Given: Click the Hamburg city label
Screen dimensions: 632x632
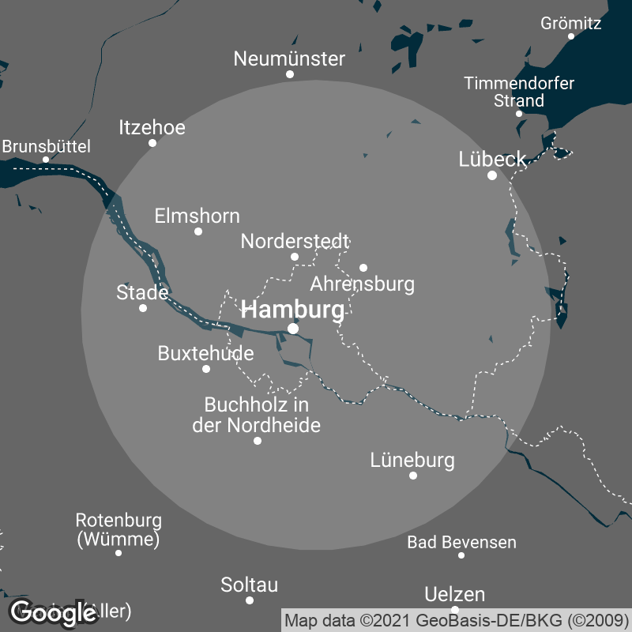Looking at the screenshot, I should coord(292,310).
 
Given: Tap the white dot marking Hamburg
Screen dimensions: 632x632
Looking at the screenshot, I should coord(293,329).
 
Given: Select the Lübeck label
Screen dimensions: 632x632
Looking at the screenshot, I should coord(492,160).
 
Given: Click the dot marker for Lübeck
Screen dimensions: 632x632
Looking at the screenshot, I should coord(492,175).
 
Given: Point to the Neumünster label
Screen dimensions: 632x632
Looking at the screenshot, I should coord(290,58).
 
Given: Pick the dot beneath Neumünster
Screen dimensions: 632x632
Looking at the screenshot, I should coord(290,74).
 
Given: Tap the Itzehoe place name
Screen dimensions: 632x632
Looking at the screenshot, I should coord(152,127).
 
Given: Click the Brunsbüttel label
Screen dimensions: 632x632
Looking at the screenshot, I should coord(47,146).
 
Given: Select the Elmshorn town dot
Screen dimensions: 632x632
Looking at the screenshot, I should coord(198,231).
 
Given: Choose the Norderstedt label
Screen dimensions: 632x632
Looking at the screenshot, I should coord(295,240).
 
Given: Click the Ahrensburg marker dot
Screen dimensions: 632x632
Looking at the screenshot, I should coord(363,267).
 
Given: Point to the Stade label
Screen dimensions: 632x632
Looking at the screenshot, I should coord(142,292).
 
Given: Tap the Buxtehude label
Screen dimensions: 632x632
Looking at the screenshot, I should coord(206,353).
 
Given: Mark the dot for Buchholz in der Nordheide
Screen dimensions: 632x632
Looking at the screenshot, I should coord(258,441).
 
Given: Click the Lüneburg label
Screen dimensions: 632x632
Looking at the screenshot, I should coord(412,460).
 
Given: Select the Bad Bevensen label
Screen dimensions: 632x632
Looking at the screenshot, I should coord(461,542).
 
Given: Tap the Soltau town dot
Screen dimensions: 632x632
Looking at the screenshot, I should coord(250,600).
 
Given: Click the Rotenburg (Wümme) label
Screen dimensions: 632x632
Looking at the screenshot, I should coord(118,530).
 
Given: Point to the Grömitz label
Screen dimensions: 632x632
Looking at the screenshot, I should coord(571,23).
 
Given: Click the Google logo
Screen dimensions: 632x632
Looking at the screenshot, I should coord(54,611).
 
